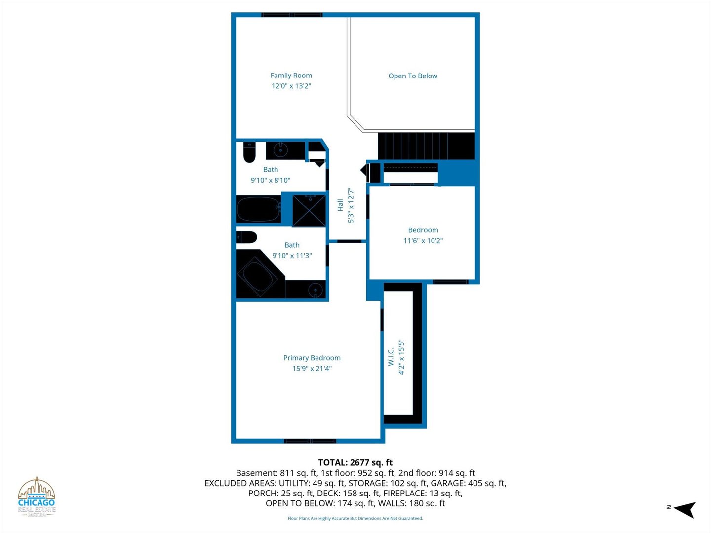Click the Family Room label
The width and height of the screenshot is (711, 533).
click(x=291, y=76)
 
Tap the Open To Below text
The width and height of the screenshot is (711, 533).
click(x=413, y=76)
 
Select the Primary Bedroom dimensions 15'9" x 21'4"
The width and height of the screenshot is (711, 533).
click(x=312, y=368)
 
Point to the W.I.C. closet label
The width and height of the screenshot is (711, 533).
click(x=391, y=357)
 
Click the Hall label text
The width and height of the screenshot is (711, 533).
click(x=340, y=205)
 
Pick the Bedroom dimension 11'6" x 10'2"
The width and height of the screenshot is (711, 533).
click(x=423, y=241)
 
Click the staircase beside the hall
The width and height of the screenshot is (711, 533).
click(x=426, y=146)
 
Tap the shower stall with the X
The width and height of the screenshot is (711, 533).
click(x=309, y=210)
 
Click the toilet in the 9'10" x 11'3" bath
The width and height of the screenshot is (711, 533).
click(x=246, y=237)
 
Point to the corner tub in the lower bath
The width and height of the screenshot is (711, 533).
click(x=258, y=275)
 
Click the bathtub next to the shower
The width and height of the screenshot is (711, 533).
click(x=259, y=209)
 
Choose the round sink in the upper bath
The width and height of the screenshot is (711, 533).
click(x=280, y=150)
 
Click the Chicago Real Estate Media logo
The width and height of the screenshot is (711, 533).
click(x=36, y=497)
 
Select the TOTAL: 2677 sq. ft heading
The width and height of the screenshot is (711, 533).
click(x=355, y=462)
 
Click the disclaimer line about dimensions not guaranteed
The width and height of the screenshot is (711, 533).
click(x=355, y=518)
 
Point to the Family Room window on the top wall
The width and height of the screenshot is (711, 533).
click(x=292, y=15)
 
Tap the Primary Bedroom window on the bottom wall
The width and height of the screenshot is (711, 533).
click(x=310, y=441)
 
